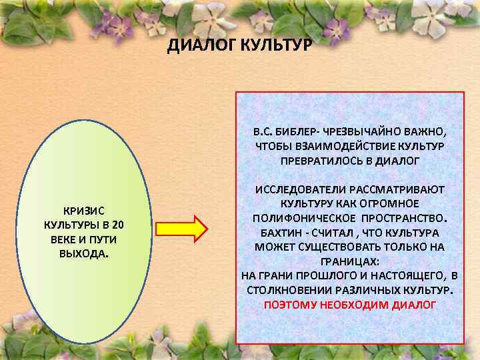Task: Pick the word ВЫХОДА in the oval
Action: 84,254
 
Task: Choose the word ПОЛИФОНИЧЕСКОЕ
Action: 305,219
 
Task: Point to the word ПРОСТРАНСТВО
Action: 403,219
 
